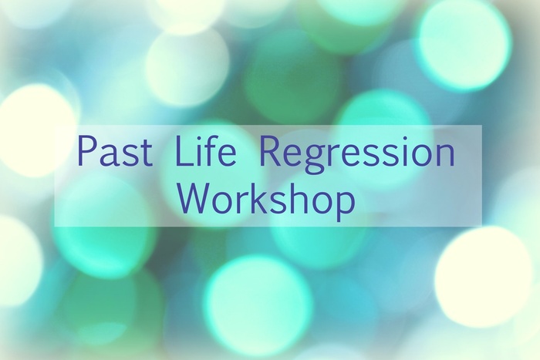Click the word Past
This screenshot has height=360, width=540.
(x=116, y=151)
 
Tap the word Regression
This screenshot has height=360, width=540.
(x=356, y=154)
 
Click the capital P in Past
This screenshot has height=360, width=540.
(x=86, y=151)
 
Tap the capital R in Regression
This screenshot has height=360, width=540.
(x=269, y=151)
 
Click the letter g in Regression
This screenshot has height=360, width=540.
(x=313, y=160)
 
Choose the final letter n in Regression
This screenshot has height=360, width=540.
(x=445, y=156)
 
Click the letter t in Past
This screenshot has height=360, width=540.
(x=147, y=153)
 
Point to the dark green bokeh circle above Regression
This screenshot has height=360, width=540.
(x=292, y=80)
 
